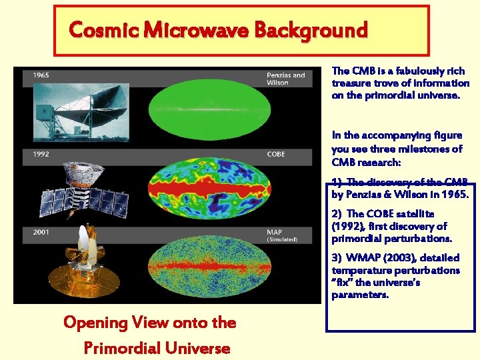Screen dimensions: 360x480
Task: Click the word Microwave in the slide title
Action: (x=197, y=31)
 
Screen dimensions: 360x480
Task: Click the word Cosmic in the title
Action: (x=104, y=31)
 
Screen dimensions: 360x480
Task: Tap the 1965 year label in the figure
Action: (x=41, y=75)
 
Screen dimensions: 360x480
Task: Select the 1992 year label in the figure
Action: (x=41, y=154)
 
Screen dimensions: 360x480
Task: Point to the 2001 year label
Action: (x=41, y=231)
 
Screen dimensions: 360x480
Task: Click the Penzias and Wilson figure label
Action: (x=285, y=79)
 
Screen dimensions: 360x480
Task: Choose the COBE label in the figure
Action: (x=275, y=154)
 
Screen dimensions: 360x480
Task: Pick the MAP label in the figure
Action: (x=274, y=231)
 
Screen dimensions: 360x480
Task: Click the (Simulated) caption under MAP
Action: (x=282, y=239)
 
